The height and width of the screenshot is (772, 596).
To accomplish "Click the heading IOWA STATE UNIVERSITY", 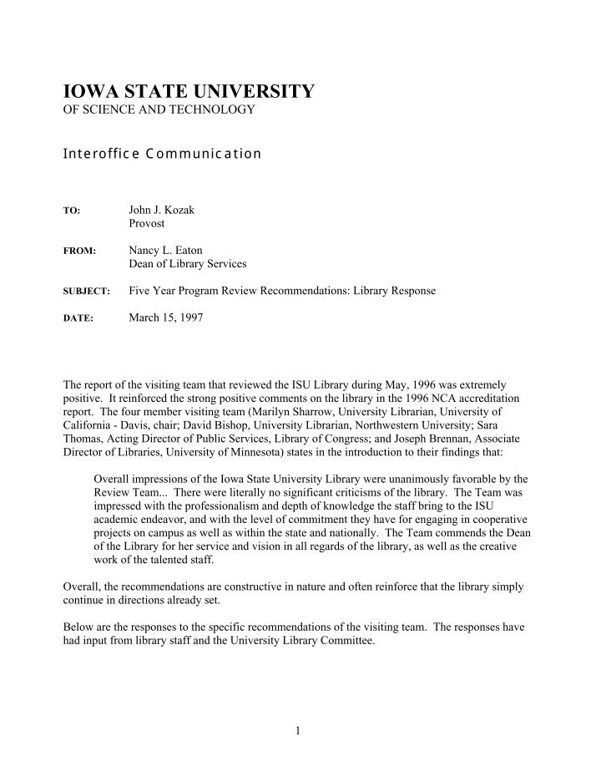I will [189, 91].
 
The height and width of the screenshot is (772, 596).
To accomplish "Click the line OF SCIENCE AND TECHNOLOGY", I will [159, 110].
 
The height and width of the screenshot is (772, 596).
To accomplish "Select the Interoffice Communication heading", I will [163, 154].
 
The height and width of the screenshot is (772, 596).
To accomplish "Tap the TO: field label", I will [72, 211].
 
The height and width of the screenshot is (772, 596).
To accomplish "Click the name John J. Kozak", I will [161, 210].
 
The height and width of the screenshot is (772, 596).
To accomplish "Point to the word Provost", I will [147, 224].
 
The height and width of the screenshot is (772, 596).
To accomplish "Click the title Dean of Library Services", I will [188, 264].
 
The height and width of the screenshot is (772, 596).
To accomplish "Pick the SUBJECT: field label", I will [87, 292].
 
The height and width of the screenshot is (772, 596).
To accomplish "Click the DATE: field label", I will [78, 318].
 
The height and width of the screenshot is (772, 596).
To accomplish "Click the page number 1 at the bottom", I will [298, 731].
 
